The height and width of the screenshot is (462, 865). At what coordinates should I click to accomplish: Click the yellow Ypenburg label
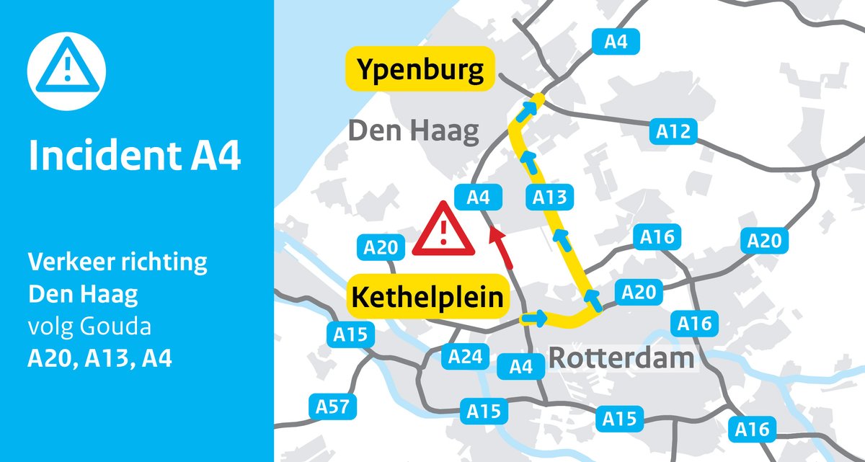coord(420,71)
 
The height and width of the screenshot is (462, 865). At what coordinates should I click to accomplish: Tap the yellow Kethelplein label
coord(427,296)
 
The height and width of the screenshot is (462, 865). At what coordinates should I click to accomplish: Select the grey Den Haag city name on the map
coord(414,131)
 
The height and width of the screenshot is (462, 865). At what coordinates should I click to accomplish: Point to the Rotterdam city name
coord(621,357)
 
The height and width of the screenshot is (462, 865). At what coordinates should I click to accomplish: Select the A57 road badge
coord(333,407)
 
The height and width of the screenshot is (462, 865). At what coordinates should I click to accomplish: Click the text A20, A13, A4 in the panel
coord(99,357)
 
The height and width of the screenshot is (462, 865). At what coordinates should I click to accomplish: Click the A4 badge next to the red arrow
coord(478,196)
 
